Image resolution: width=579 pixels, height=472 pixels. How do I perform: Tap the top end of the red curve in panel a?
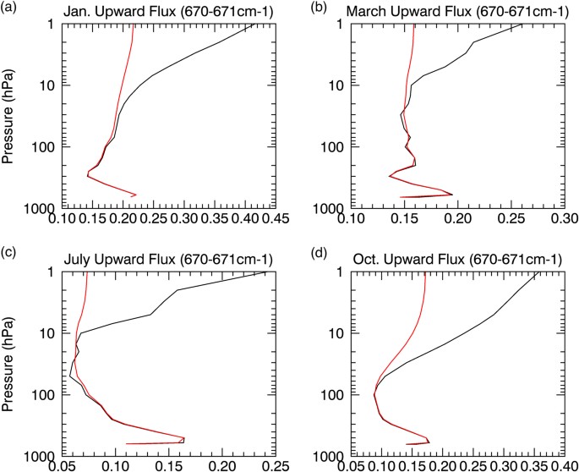[134, 25]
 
